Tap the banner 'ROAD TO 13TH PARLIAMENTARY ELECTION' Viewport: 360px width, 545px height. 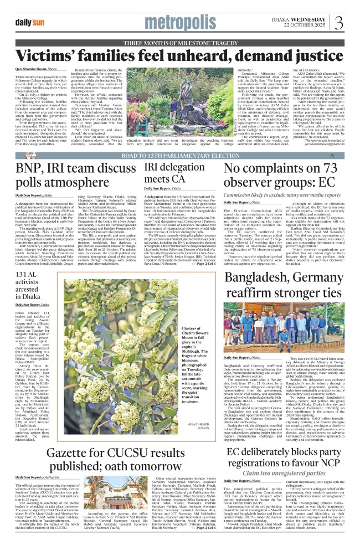point(180,139)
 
